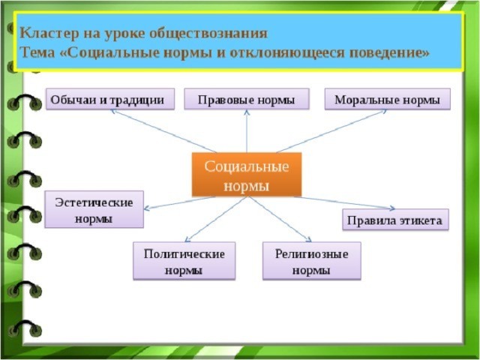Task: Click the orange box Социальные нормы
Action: coord(247,175)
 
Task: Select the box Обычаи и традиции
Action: coord(110,99)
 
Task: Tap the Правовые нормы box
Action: coord(247,99)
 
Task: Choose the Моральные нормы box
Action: coord(388,99)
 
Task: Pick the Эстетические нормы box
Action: coord(94,209)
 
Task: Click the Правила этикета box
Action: coord(395,220)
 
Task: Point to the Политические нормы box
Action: coord(184,261)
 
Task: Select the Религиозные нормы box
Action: coord(312,261)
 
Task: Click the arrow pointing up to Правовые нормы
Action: coord(247,131)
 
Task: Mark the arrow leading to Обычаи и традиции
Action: coord(163,131)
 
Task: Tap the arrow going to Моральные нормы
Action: coord(331,131)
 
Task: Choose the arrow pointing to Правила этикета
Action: coord(345,203)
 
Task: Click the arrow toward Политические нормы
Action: coord(215,219)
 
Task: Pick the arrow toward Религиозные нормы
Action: coord(280,219)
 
